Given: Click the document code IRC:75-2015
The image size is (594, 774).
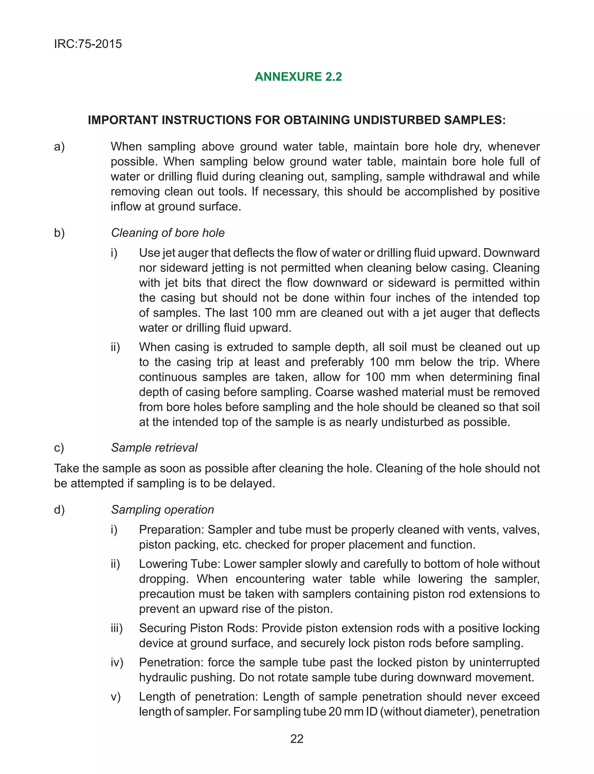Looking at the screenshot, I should point(88,44).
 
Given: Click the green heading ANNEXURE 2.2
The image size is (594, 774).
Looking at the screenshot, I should point(298,77).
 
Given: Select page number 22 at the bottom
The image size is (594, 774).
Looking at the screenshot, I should point(297,739).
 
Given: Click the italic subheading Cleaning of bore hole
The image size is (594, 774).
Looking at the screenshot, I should point(168,233).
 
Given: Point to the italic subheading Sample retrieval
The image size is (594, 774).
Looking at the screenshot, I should point(154,447).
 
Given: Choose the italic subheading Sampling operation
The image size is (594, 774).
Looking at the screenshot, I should point(162,510).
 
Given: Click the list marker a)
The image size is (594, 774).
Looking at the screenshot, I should point(59,147).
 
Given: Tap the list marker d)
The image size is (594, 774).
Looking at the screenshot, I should point(59,510).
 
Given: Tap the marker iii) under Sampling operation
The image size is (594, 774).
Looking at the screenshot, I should point(117,628).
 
